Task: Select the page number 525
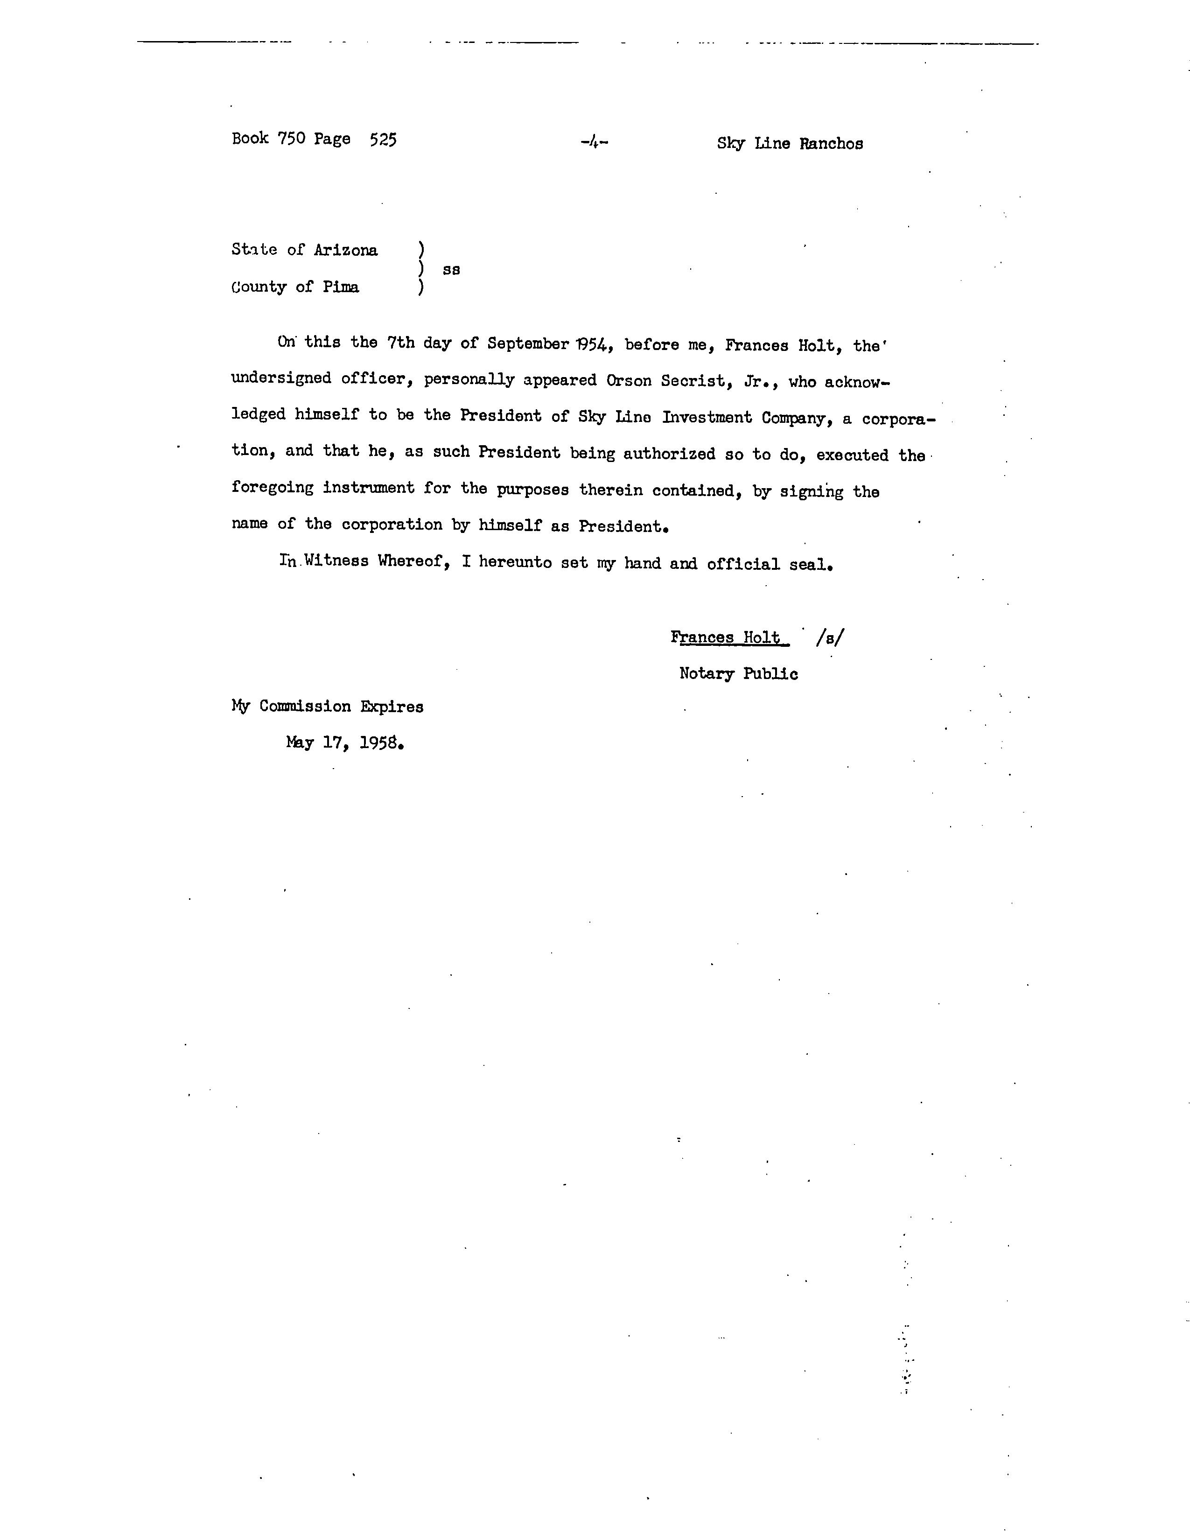(x=383, y=140)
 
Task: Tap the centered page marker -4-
(x=594, y=142)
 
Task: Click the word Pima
(x=341, y=287)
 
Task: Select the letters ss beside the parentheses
(x=451, y=269)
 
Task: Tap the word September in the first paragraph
(x=528, y=343)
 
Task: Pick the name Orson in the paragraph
(x=629, y=381)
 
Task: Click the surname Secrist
(x=692, y=381)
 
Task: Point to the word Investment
(x=707, y=418)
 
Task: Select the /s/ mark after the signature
(x=830, y=637)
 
